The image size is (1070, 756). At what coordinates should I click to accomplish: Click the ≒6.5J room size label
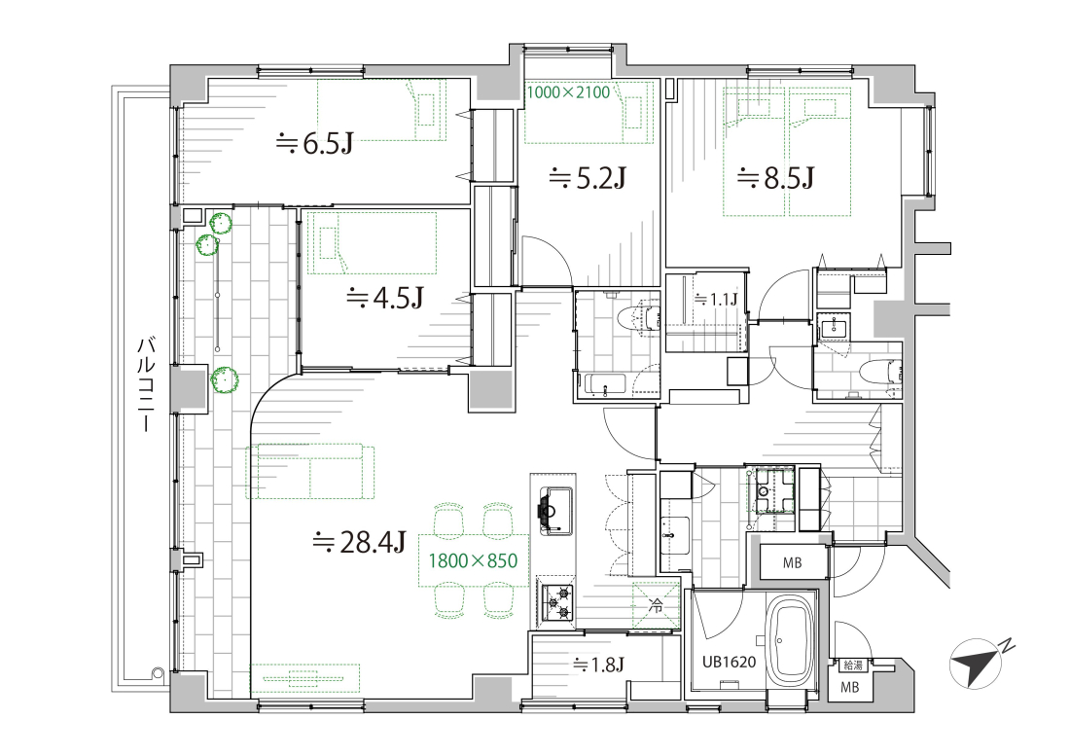pos(314,144)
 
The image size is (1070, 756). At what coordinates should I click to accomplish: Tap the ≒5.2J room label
pos(588,179)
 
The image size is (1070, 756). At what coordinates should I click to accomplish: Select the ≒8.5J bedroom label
pos(774,179)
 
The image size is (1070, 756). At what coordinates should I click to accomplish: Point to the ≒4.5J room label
pos(385,298)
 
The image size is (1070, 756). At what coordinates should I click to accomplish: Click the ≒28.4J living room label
pos(359,543)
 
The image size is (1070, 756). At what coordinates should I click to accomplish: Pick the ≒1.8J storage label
pos(599,665)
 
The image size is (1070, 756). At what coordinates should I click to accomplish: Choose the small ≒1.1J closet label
pos(716,299)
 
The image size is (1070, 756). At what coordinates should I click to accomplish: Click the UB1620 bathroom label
pos(729,662)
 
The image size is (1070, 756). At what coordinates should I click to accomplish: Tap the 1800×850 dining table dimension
pos(473,560)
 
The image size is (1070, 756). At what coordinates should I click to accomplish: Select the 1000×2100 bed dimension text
pos(568,92)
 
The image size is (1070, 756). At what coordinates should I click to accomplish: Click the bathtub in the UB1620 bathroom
pos(791,643)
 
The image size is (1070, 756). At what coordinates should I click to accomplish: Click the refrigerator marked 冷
pos(656,604)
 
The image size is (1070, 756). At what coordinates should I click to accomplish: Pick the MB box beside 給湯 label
pos(849,687)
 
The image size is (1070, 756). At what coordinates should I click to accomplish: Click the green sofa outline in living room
pos(311,472)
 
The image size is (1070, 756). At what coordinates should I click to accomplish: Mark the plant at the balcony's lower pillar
pos(223,380)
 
